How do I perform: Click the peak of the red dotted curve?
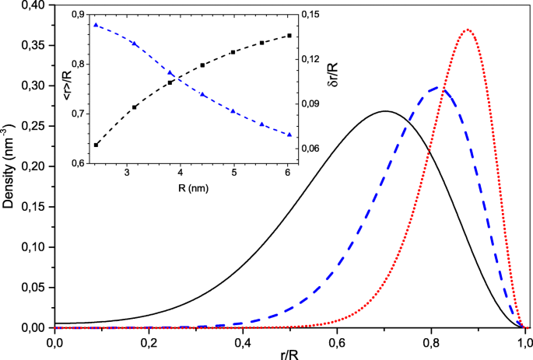467,30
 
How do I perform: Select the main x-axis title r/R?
289,353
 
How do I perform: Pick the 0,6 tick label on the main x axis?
337,341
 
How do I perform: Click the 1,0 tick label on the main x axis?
525,341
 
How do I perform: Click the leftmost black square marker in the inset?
96,145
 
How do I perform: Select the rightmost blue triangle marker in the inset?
289,135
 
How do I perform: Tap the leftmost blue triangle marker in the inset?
96,25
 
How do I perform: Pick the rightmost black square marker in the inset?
289,36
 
